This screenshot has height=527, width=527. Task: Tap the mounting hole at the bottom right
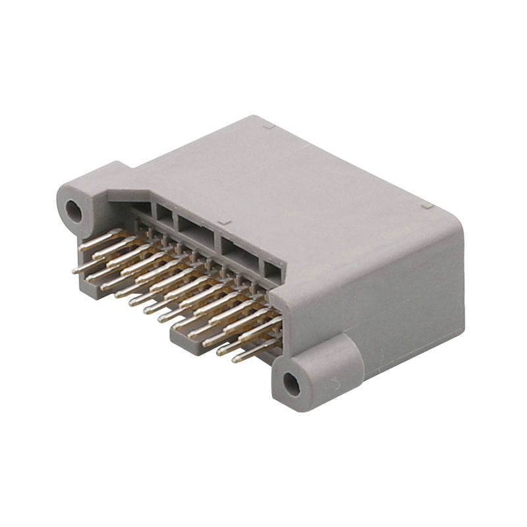(x=291, y=383)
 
